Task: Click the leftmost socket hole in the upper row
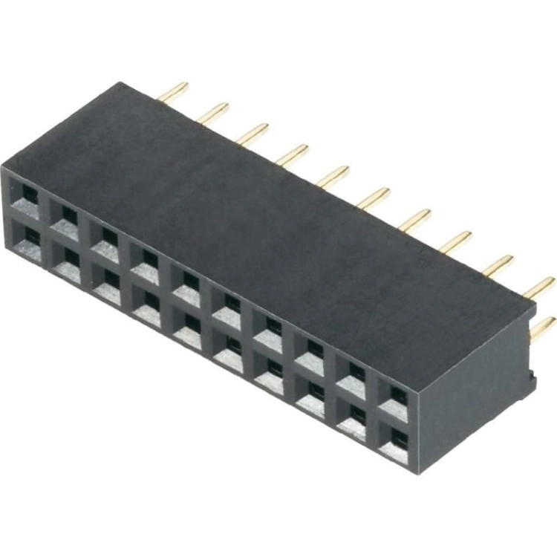(x=28, y=195)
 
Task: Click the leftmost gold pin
(x=175, y=92)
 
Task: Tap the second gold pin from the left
(x=213, y=113)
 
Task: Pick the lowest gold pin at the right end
(x=543, y=328)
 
